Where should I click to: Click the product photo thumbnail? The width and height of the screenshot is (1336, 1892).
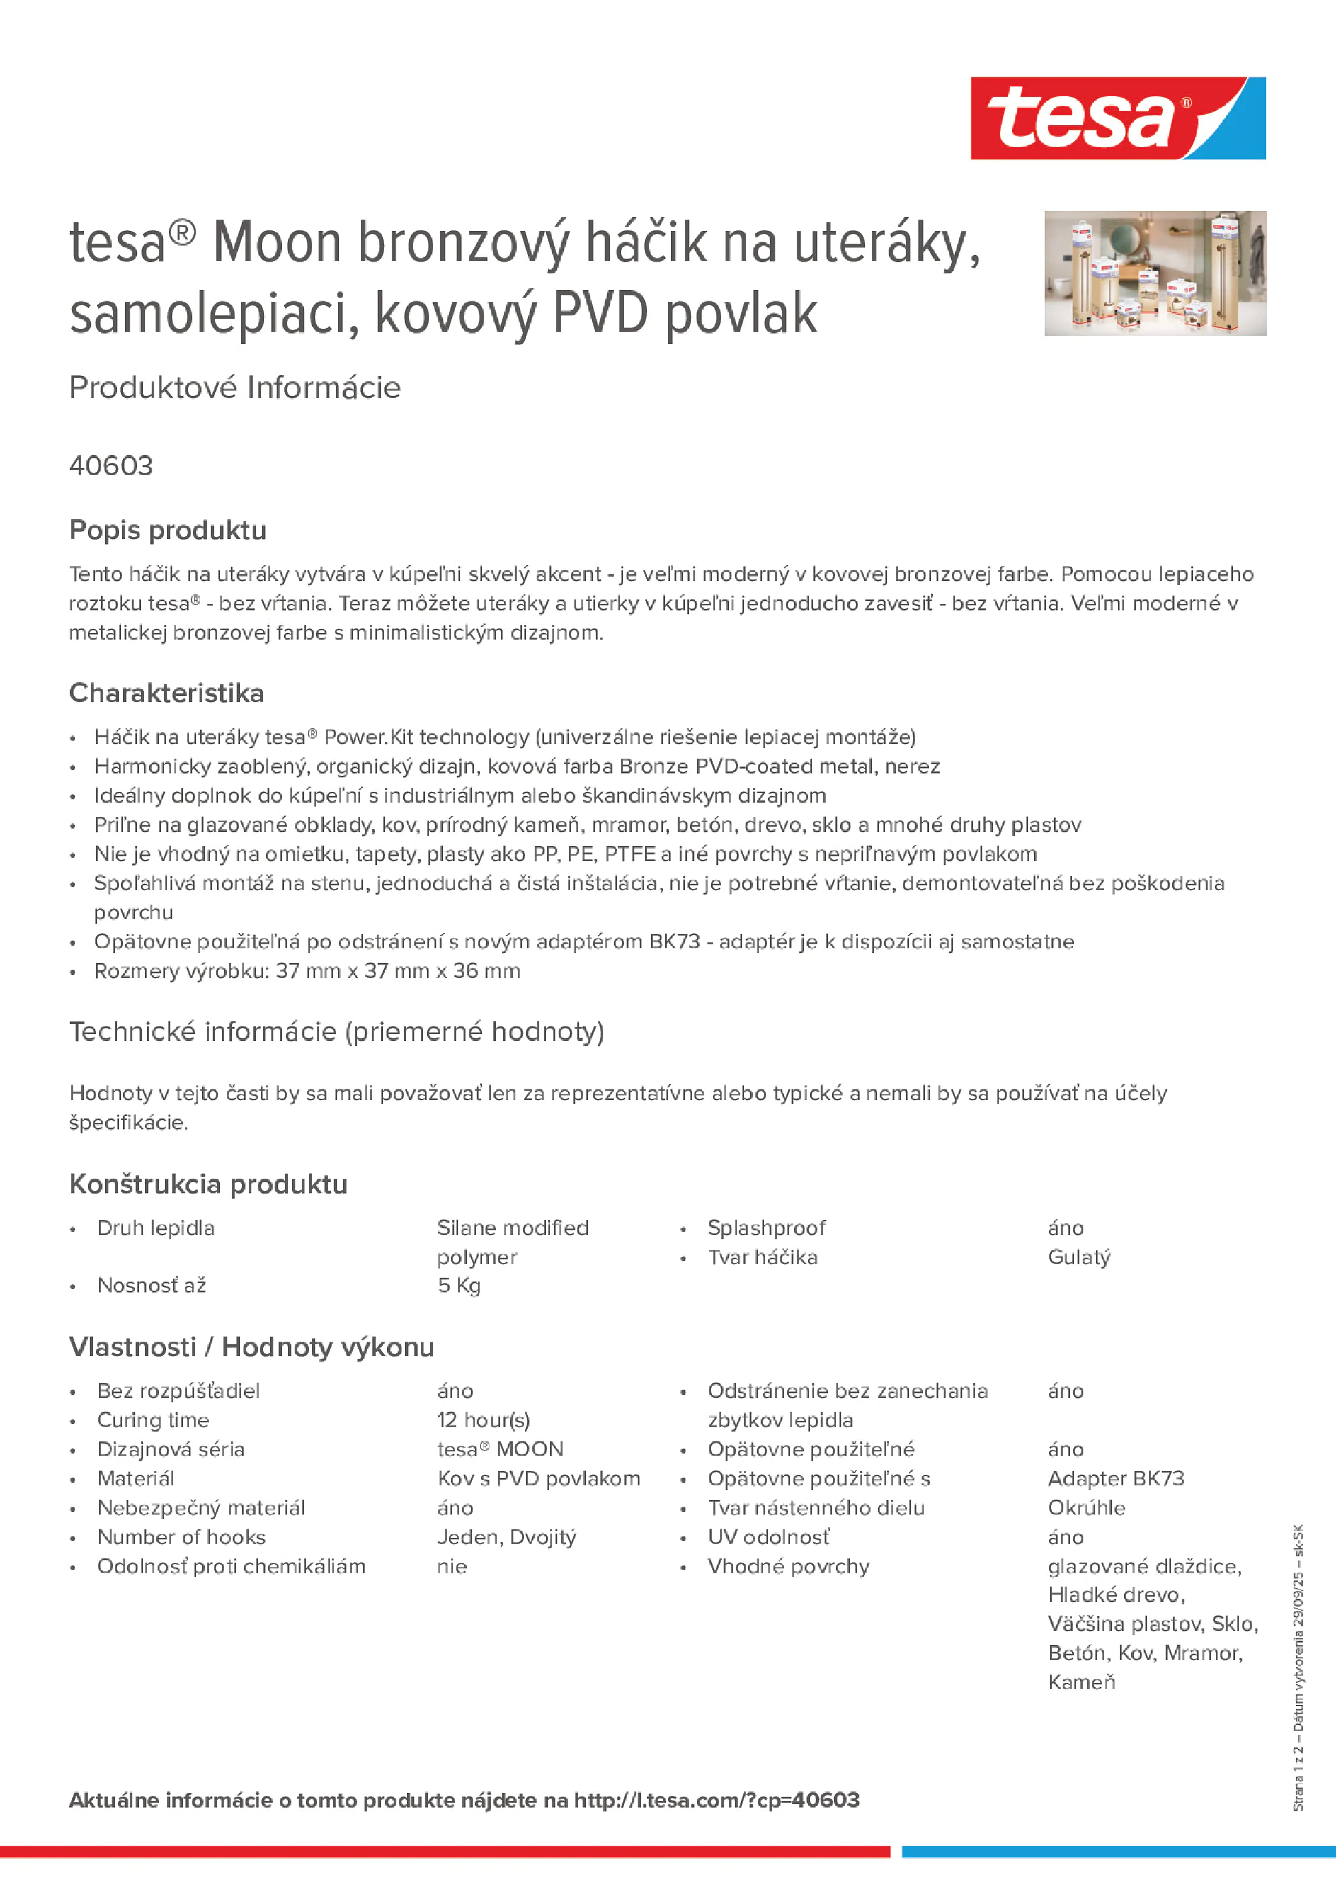pos(1155,273)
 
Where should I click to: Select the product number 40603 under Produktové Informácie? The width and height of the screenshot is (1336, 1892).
pos(111,466)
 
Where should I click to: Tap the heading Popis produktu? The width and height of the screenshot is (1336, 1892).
pos(167,531)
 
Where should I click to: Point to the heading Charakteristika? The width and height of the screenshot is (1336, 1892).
pos(166,693)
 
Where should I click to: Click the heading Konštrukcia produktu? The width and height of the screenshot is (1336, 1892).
pos(208,1184)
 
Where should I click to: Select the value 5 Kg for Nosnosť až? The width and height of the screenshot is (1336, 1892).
pos(459,1286)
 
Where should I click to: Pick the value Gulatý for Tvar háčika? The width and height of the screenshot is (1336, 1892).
pos(1079,1257)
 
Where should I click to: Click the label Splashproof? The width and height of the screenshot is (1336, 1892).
pos(766,1228)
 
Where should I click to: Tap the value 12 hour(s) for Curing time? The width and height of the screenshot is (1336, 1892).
pos(484,1420)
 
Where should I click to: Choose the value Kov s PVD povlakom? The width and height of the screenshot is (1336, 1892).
pos(539,1478)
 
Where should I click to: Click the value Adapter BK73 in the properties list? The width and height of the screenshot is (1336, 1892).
pos(1115,1478)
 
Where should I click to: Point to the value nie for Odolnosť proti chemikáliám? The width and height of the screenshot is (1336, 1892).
pos(452,1566)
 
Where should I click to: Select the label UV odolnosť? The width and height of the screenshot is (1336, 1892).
pos(768,1537)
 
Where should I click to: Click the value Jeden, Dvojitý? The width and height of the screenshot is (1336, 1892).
pos(506,1537)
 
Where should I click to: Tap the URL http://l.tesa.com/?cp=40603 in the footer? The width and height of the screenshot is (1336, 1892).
pos(716,1800)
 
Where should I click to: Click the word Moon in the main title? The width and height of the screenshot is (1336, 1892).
pos(277,243)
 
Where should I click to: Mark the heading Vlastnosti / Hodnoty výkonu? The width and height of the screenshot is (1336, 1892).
pos(251,1347)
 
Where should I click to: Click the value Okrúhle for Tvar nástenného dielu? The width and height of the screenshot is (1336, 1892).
pos(1086,1508)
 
